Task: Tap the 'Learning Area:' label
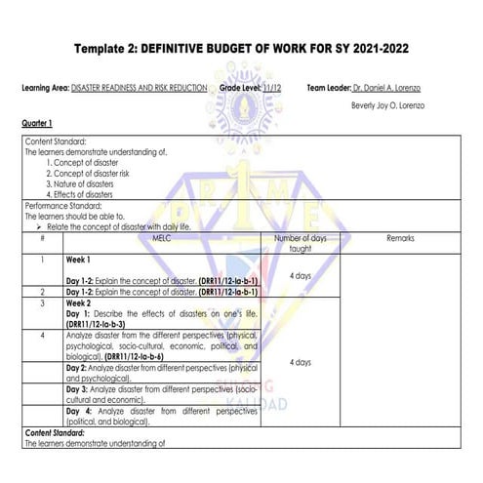44,88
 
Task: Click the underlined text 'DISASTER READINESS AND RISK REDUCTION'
139,88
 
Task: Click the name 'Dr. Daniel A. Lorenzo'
388,88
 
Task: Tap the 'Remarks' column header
399,237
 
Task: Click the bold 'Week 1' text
79,261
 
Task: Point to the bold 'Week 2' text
79,302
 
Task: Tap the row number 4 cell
42,335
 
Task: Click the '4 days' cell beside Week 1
301,276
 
